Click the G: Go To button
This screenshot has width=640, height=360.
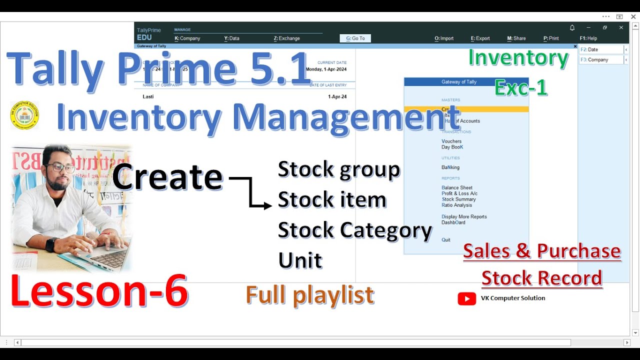click(x=355, y=38)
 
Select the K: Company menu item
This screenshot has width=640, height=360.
click(x=187, y=38)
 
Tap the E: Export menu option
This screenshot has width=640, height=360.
click(x=480, y=38)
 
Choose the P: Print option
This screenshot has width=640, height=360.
click(x=551, y=38)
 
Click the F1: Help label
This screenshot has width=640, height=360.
click(x=588, y=38)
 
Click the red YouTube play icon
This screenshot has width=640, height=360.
click(x=466, y=299)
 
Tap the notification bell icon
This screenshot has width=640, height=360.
click(x=572, y=28)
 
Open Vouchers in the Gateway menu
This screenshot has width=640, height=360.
click(x=451, y=141)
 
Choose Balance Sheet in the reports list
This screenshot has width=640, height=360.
click(x=457, y=188)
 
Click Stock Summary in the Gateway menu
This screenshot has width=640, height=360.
click(x=458, y=199)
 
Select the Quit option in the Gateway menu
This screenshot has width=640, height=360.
click(x=446, y=240)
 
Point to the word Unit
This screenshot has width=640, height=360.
click(x=300, y=260)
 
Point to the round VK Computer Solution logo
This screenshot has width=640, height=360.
click(x=24, y=115)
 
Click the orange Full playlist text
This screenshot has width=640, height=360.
click(x=309, y=295)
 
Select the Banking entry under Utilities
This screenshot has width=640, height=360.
click(x=450, y=167)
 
